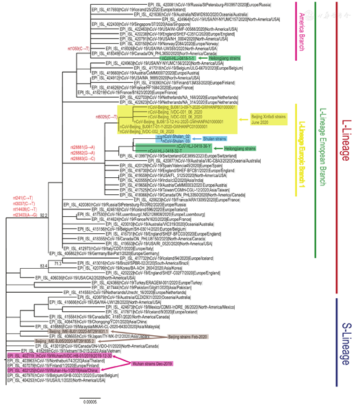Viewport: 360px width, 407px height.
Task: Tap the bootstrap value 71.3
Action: [60, 262]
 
